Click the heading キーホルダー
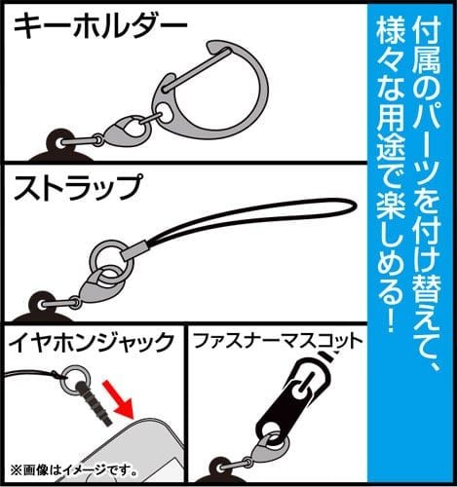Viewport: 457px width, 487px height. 100,26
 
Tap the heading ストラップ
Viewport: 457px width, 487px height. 78,187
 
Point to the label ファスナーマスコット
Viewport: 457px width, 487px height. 278,341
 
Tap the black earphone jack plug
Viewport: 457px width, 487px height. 94,403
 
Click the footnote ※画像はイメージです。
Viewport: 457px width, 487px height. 73,470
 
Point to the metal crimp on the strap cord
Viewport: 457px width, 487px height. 134,251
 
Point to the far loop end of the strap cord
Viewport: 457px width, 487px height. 355,206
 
